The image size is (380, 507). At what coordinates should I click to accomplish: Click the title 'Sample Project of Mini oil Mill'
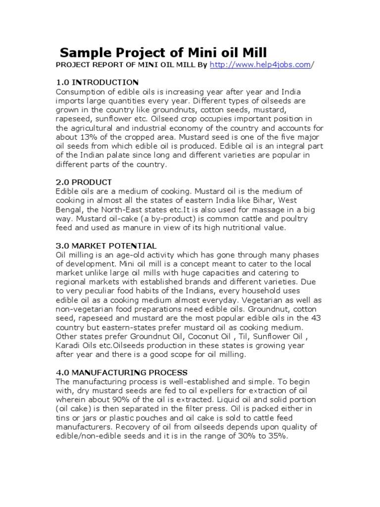coord(163,52)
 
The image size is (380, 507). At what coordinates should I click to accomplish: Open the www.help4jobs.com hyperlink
coord(261,65)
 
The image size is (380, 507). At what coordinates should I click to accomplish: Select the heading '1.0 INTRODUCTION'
coord(97,82)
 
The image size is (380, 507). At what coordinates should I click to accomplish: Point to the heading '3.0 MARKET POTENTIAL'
coord(106,246)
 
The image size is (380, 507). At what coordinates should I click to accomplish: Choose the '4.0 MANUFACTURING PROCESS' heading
coord(121,372)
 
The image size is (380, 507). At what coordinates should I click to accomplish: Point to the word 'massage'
coord(268,209)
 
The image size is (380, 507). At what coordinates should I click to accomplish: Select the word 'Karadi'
coord(69,346)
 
